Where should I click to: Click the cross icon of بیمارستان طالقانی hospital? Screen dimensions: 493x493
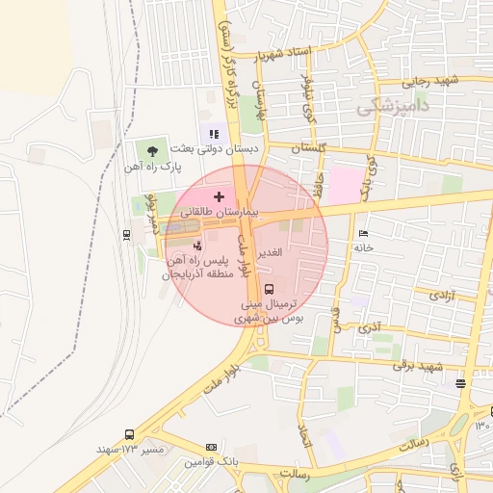coord(219,196)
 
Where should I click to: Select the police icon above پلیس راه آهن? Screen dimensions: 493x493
coord(198,246)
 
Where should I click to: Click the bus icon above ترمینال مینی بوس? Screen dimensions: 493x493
coord(268,288)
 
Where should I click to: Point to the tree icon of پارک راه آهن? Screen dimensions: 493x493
coord(152,150)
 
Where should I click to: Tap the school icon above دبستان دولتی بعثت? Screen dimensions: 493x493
coord(213,134)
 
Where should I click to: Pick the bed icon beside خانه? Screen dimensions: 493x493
coord(363,233)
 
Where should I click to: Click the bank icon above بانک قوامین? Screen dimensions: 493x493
coord(212,448)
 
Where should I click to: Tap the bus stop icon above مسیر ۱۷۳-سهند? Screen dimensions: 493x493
coord(129,434)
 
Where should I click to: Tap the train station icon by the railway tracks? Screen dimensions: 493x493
coord(127,233)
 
